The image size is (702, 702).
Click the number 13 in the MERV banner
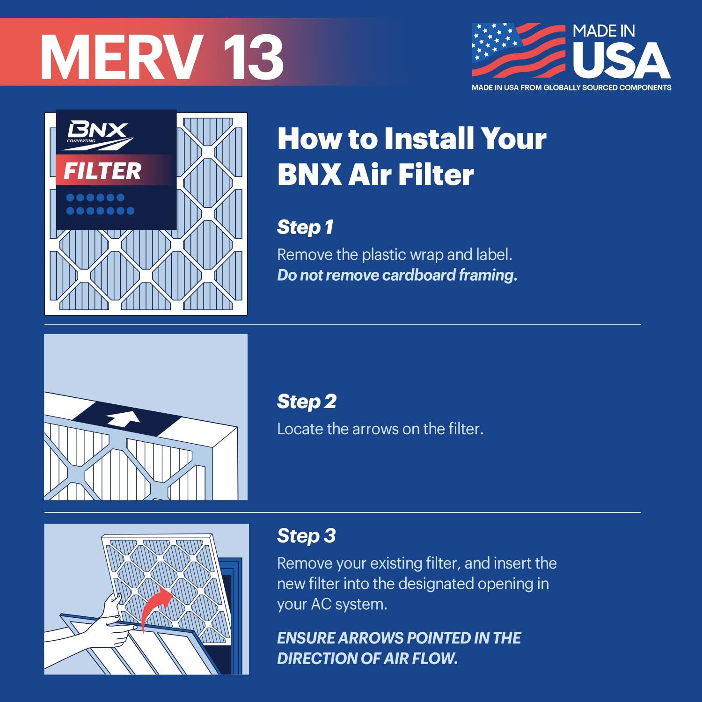(x=253, y=56)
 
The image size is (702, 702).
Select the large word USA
(x=622, y=61)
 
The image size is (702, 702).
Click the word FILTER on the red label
(x=102, y=171)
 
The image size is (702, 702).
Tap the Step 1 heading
(x=305, y=227)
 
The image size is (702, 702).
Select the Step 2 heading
(x=307, y=402)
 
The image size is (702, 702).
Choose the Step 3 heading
(x=306, y=536)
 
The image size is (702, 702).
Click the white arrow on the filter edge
(x=123, y=418)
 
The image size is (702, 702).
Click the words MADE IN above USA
(x=604, y=31)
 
